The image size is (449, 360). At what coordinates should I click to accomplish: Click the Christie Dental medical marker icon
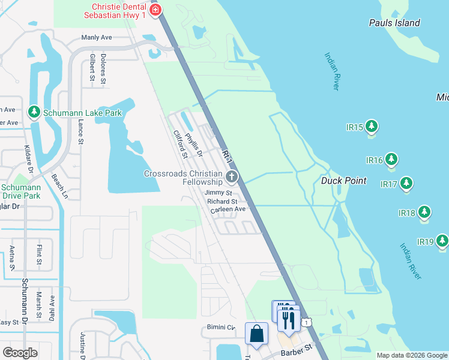point(155,9)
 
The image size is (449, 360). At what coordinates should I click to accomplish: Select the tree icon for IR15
point(372,126)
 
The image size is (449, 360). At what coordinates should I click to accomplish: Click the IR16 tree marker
point(391,159)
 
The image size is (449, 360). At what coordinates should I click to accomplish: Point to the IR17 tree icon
point(406,182)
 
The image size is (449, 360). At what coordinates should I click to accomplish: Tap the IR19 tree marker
point(442,241)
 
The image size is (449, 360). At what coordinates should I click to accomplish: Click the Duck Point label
point(344,181)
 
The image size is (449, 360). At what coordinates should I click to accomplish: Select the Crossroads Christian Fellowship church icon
point(232,177)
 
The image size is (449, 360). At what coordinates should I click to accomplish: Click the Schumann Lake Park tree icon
point(34,112)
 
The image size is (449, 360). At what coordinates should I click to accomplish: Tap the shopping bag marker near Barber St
point(257,333)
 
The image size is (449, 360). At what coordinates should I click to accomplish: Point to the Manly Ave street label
point(97,37)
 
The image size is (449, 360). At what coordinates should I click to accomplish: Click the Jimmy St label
point(218,193)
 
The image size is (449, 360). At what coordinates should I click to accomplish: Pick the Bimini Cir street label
point(218,328)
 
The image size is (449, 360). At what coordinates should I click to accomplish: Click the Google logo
point(20,353)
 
